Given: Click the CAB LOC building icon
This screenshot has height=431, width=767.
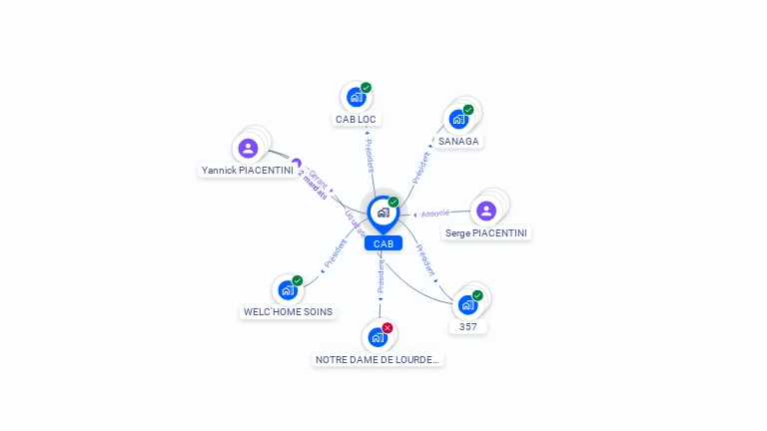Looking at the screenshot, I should click(x=356, y=97).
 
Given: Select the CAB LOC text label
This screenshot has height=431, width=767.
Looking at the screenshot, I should click(x=357, y=119).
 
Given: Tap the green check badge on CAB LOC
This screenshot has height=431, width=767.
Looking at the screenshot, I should click(x=366, y=88).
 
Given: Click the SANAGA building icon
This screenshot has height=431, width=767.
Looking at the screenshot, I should click(x=458, y=119).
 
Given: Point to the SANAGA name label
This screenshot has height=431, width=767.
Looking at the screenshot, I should click(x=459, y=142).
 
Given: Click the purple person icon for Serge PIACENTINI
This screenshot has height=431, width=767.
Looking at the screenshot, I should click(x=486, y=211).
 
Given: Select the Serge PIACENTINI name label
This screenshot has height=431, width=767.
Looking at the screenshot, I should click(x=486, y=233).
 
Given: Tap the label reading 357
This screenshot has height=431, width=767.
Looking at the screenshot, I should click(x=468, y=326).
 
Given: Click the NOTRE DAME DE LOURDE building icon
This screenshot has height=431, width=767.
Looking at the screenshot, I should click(x=378, y=336).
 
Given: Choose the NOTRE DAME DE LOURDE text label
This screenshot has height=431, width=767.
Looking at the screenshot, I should click(x=378, y=359).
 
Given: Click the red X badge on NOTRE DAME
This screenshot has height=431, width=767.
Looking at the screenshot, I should click(x=387, y=327).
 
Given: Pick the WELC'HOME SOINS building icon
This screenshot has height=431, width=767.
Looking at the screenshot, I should click(x=288, y=290).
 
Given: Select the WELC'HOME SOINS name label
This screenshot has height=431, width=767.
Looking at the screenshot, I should click(x=289, y=312).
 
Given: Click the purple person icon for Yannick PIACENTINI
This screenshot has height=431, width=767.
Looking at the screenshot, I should click(x=249, y=149).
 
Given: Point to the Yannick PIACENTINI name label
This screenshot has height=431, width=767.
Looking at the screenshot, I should click(x=248, y=171).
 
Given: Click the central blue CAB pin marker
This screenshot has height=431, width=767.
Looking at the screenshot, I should click(x=383, y=213).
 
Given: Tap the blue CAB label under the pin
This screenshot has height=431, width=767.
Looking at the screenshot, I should click(x=383, y=243).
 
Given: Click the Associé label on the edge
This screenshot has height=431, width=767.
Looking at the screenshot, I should click(x=434, y=214).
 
